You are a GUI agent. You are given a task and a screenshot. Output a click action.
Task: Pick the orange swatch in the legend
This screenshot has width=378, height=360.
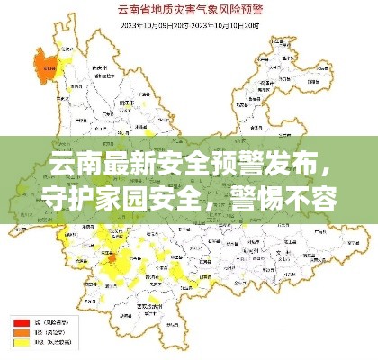pos(20,332)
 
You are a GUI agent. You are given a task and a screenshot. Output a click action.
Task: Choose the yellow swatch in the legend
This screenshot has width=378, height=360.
pos(20,343)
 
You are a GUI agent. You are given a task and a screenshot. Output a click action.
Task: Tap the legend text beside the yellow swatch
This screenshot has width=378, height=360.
pos(45,343)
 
